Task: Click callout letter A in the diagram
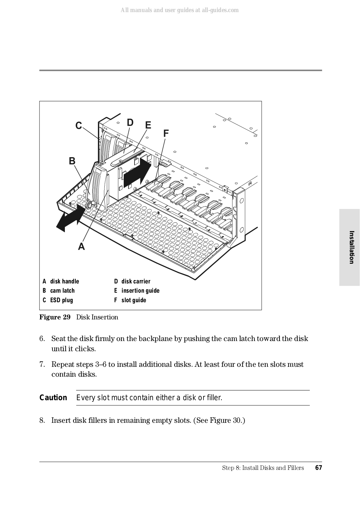click(x=81, y=246)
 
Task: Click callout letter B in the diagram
click(x=72, y=161)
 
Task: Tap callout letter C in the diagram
click(x=79, y=126)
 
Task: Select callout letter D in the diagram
click(x=130, y=122)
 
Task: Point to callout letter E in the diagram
click(x=148, y=125)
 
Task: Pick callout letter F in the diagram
click(x=166, y=134)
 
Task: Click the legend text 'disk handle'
click(x=65, y=281)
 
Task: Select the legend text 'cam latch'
click(x=62, y=290)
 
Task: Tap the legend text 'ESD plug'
click(x=61, y=300)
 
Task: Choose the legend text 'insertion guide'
click(x=140, y=290)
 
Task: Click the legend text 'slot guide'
click(x=134, y=300)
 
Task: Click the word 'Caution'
click(x=53, y=398)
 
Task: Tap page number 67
click(x=318, y=468)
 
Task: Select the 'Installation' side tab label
click(x=351, y=247)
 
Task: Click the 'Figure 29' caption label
click(x=55, y=317)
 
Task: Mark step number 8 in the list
click(x=42, y=420)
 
